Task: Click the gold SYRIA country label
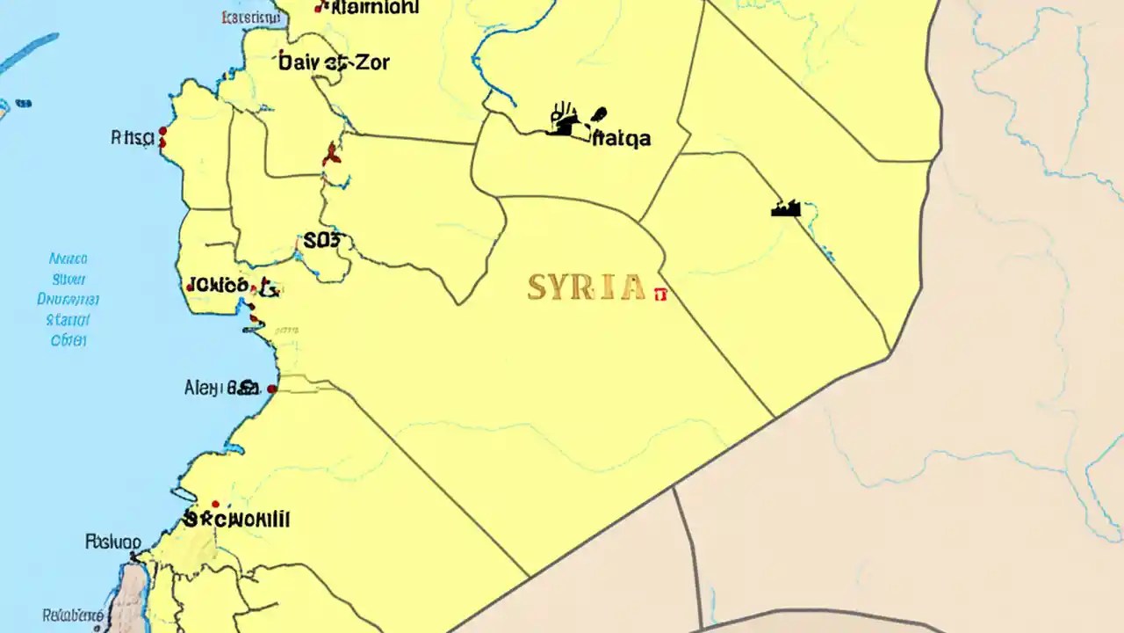pyautogui.click(x=586, y=287)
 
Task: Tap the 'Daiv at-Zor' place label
pyautogui.click(x=334, y=62)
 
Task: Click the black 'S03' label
pyautogui.click(x=325, y=241)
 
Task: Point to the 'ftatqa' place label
pyautogui.click(x=622, y=138)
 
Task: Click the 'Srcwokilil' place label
pyautogui.click(x=237, y=519)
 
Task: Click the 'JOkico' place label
pyautogui.click(x=217, y=285)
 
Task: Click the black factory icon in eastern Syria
pyautogui.click(x=786, y=208)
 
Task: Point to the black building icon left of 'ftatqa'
pyautogui.click(x=565, y=122)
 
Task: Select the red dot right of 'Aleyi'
pyautogui.click(x=272, y=388)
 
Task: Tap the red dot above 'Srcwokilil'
pyautogui.click(x=215, y=504)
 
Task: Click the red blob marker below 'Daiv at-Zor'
pyautogui.click(x=331, y=155)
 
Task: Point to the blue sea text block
pyautogui.click(x=68, y=299)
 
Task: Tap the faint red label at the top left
pyautogui.click(x=249, y=16)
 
